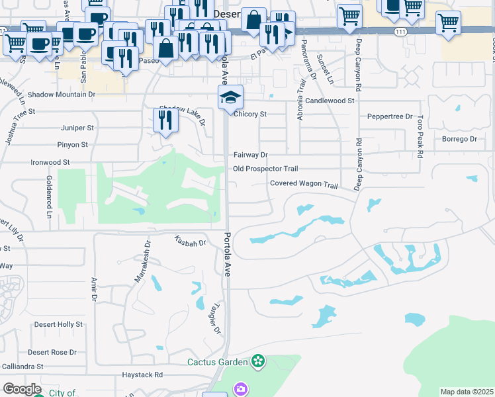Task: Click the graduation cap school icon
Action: (230, 99)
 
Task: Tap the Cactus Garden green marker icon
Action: (258, 362)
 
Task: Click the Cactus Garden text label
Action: (217, 362)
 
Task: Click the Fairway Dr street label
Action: (250, 155)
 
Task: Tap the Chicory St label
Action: (250, 114)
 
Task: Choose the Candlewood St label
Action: (330, 101)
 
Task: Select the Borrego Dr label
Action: (460, 139)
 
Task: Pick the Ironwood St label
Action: (50, 161)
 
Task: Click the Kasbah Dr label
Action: (191, 243)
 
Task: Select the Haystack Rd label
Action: (142, 375)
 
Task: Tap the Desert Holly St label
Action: (59, 324)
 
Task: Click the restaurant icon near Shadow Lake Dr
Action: (164, 120)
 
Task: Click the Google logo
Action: (22, 389)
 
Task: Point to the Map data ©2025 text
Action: (467, 392)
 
